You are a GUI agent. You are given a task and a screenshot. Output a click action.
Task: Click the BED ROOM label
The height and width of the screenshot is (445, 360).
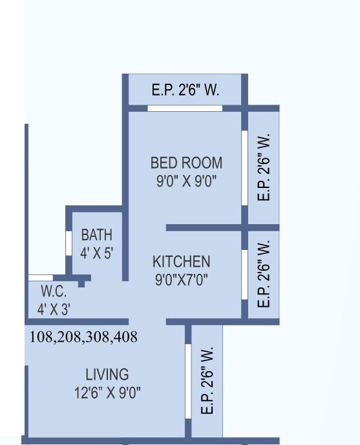click(186, 163)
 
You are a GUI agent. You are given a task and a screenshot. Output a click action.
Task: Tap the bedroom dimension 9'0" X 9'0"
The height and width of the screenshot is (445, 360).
click(186, 181)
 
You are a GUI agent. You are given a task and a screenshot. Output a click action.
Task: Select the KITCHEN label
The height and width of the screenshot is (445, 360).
click(181, 262)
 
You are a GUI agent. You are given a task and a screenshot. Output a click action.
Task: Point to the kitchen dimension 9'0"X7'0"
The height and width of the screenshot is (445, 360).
click(181, 280)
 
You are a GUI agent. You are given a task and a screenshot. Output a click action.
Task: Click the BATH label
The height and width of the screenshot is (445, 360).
click(96, 234)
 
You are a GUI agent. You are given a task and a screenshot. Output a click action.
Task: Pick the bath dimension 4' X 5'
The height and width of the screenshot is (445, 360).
click(96, 253)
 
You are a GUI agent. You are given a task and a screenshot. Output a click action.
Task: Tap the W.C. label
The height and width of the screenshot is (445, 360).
click(54, 291)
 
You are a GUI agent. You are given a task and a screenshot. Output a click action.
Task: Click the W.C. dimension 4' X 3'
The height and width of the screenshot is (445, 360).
click(54, 309)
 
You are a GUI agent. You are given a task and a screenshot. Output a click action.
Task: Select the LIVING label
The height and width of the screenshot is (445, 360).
click(107, 374)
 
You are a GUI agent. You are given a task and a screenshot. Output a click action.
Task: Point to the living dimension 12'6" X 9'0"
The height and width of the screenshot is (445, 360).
click(107, 392)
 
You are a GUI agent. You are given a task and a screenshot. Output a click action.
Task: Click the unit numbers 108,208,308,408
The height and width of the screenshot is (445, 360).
click(83, 337)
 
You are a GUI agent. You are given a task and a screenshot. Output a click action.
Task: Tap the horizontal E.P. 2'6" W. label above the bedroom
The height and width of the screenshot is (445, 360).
click(185, 90)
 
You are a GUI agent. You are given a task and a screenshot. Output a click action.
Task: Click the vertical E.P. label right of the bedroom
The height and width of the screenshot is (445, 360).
click(263, 168)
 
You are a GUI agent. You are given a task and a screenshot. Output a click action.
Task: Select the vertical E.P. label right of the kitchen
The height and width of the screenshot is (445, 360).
click(263, 274)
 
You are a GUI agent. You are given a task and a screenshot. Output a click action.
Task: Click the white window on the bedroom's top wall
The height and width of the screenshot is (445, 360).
click(185, 108)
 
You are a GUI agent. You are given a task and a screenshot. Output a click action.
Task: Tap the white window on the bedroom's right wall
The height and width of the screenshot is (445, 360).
click(244, 169)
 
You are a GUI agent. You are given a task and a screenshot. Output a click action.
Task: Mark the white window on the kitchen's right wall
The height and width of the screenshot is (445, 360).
click(244, 274)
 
